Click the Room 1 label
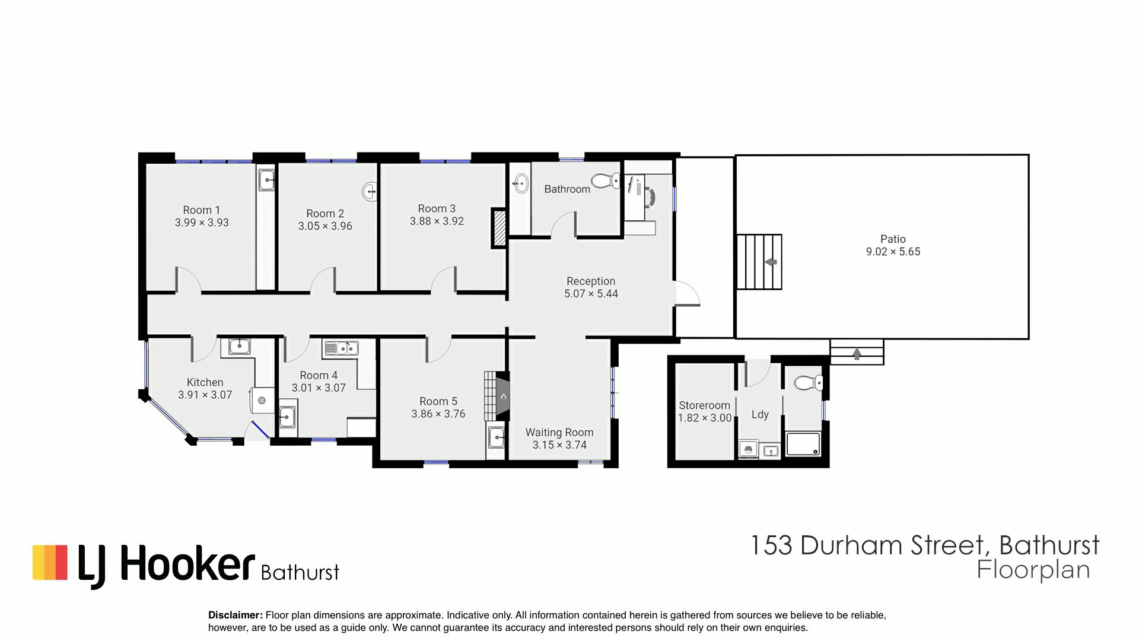click(201, 210)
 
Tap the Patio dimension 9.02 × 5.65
click(893, 252)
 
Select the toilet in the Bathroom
click(606, 180)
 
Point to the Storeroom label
click(704, 405)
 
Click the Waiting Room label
click(559, 433)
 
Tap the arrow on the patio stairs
click(771, 261)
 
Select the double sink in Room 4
click(341, 348)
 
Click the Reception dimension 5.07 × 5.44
click(591, 294)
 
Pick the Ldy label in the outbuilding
click(760, 414)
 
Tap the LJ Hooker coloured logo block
click(50, 561)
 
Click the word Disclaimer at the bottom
click(236, 615)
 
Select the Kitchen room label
click(205, 382)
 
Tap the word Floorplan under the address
click(1033, 570)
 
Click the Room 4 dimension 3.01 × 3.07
click(319, 388)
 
